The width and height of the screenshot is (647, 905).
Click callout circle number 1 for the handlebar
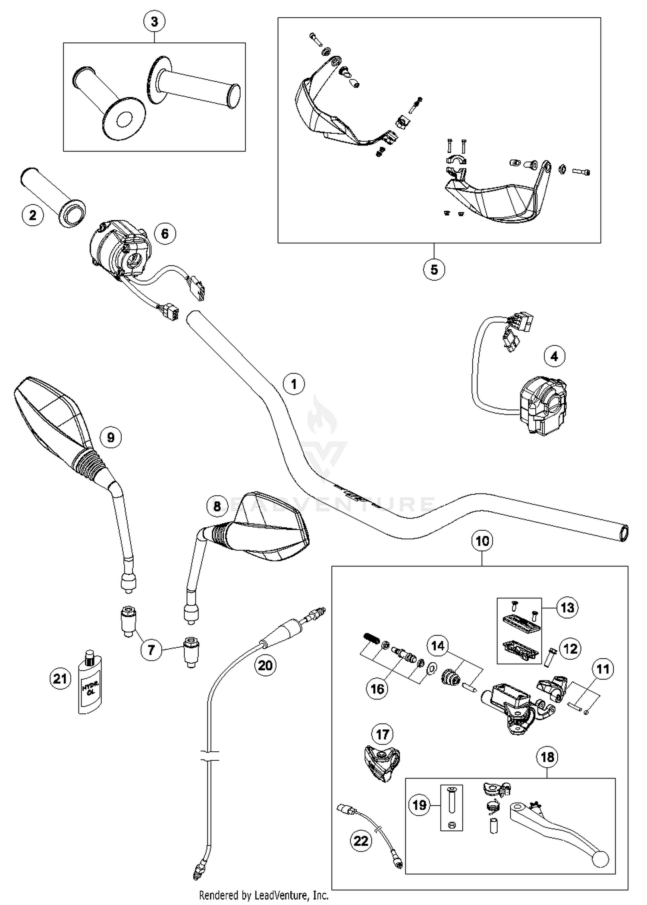294,383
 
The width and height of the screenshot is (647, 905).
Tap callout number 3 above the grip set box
154,22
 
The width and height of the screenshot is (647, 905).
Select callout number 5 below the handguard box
434,269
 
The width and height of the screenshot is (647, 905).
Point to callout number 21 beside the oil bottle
60,679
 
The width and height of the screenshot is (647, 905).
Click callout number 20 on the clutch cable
265,665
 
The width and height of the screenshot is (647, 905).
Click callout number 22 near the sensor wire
361,840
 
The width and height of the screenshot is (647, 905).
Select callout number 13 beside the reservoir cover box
567,608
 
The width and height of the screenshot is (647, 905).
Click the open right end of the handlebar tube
623,533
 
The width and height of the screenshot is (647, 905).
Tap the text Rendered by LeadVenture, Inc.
264,895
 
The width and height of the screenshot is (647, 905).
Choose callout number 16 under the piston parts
377,688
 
